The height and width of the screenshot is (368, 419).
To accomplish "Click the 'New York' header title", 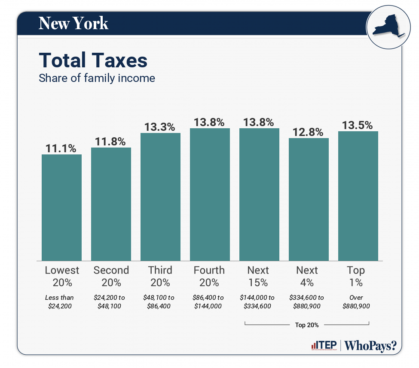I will (73, 23).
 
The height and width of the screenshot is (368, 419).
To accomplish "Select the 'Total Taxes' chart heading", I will (93, 60).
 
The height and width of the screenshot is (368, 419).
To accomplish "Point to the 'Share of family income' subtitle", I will (97, 78).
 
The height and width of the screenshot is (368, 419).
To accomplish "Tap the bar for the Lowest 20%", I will (61, 207).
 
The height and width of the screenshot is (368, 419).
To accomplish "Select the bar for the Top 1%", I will (358, 196).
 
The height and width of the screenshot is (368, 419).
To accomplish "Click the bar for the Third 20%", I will (160, 196).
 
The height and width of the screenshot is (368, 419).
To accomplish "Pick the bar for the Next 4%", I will (309, 199).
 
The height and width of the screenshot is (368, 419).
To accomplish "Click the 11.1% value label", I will (61, 148).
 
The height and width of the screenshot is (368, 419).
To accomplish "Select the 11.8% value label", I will (111, 142).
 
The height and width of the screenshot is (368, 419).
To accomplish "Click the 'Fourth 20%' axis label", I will (209, 276).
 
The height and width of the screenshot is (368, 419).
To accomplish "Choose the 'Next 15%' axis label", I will (258, 276).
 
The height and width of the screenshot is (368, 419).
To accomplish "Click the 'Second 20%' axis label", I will (111, 276).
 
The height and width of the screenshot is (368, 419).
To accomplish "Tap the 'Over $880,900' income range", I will (356, 302).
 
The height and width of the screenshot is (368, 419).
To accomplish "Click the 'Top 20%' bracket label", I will (307, 325).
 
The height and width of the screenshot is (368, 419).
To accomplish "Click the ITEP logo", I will (324, 346).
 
